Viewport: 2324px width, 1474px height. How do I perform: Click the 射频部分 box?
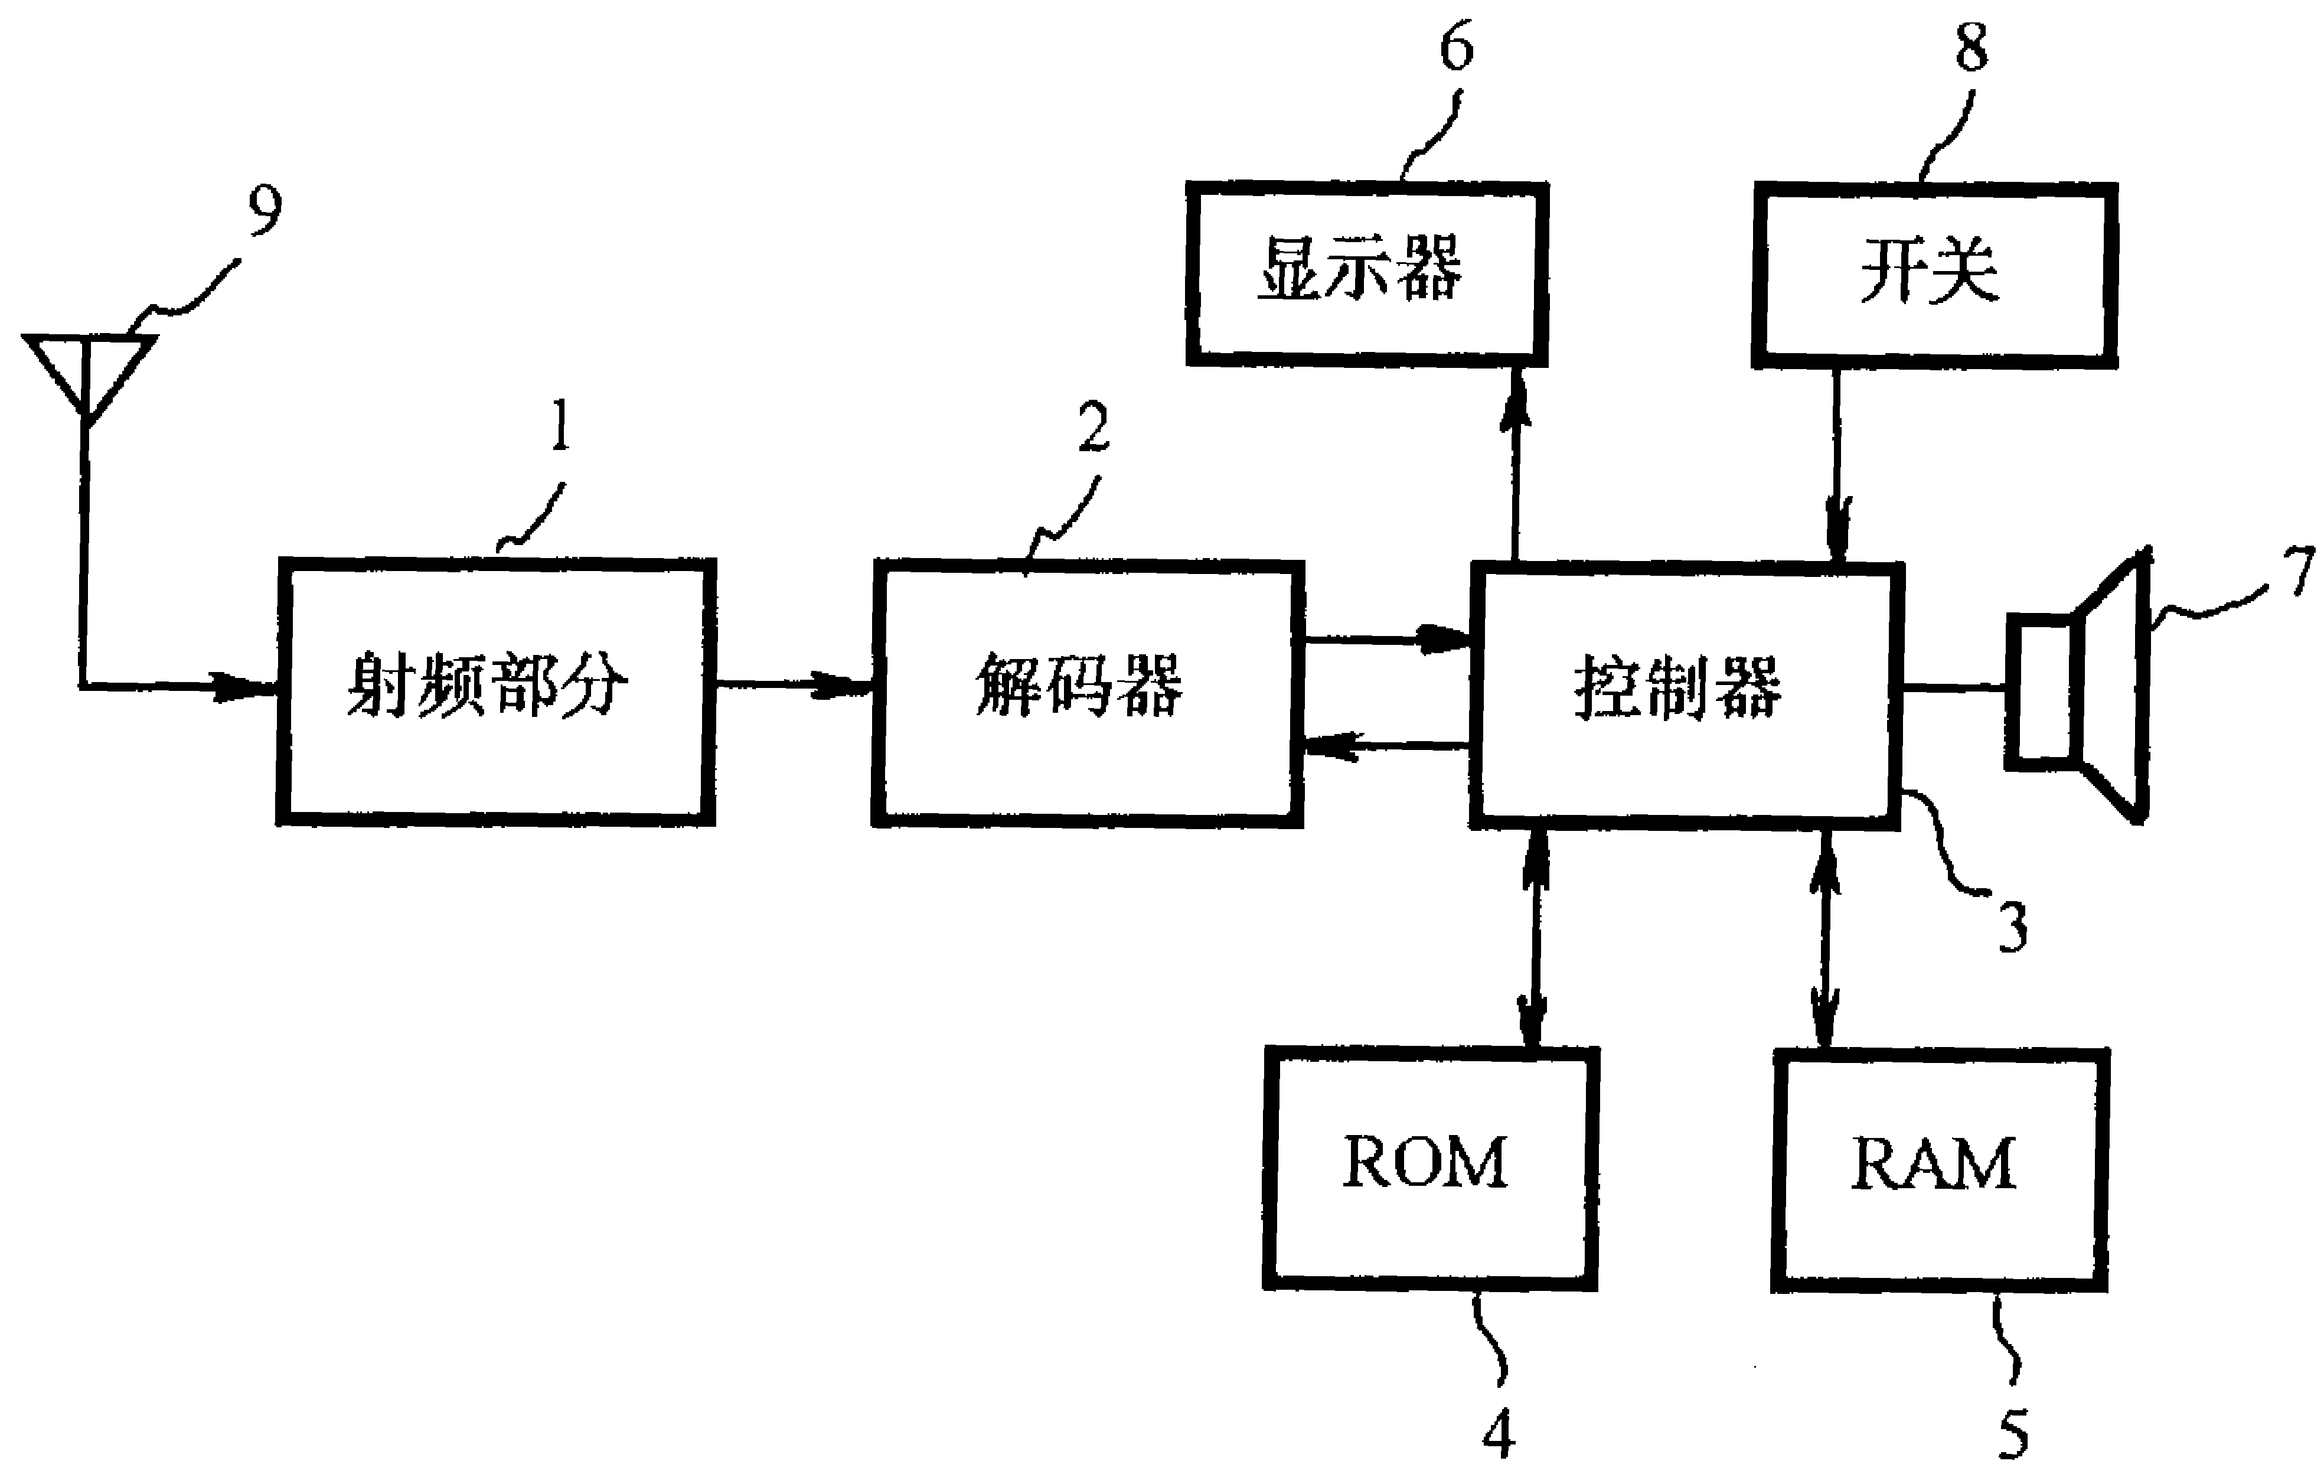496,691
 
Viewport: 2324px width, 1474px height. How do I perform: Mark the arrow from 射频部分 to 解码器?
794,686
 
